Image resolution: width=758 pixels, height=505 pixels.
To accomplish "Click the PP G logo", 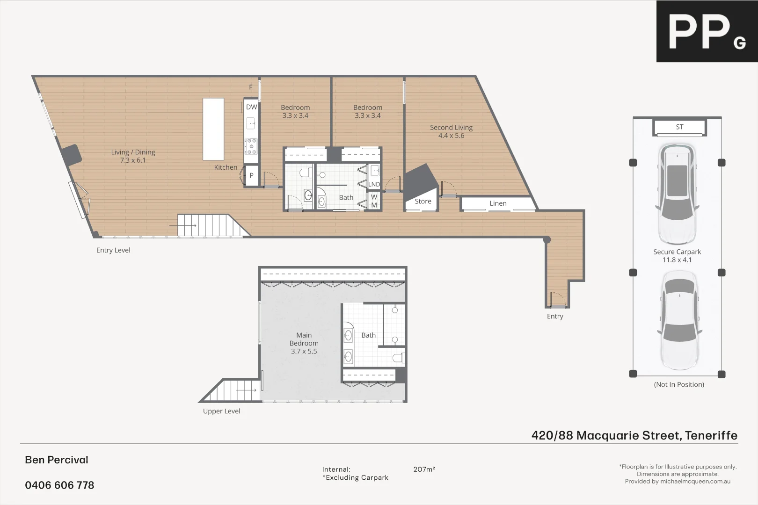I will click(x=707, y=31).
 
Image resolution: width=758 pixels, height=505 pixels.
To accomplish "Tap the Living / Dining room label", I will click(x=133, y=156).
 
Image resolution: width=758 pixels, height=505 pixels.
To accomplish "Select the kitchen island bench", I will click(x=213, y=129).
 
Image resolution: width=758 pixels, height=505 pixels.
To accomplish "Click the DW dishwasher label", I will click(x=251, y=107).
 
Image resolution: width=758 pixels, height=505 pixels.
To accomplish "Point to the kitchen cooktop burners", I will click(x=251, y=146).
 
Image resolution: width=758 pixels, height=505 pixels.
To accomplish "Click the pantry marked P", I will click(x=251, y=176).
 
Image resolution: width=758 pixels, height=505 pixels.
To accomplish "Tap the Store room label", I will click(x=423, y=202).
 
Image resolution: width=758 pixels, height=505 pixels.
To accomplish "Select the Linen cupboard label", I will click(x=498, y=203).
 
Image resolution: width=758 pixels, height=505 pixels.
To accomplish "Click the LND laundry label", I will click(x=374, y=184).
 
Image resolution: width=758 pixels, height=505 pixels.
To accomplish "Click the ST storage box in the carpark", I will click(x=679, y=127).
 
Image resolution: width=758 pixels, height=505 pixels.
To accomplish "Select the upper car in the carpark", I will click(x=677, y=192).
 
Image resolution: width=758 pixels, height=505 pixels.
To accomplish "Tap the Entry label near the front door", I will click(x=555, y=317).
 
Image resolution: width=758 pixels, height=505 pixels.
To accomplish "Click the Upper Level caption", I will click(x=221, y=411).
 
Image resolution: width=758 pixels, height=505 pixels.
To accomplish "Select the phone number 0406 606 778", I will click(x=59, y=485).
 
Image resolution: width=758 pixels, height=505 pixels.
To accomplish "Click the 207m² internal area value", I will click(x=424, y=469).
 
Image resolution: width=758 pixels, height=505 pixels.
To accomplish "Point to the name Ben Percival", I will click(x=56, y=460).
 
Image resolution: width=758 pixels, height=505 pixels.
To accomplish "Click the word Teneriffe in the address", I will click(x=711, y=436).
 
